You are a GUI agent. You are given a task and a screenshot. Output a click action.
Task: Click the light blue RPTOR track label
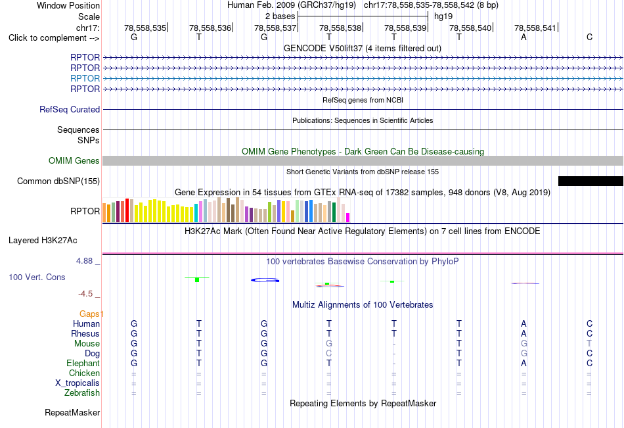tap(85, 78)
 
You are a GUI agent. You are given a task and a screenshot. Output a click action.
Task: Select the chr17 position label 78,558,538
tap(340, 28)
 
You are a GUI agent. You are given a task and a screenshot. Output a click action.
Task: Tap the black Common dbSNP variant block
tap(591, 181)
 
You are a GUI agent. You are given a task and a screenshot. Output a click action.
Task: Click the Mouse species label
tap(87, 343)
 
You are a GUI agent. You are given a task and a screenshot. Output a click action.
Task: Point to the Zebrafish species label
tap(82, 393)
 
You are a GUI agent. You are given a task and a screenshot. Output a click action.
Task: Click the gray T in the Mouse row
tap(589, 343)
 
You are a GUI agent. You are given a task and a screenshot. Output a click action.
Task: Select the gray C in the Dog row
tap(328, 354)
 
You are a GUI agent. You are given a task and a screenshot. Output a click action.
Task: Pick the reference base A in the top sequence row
tap(524, 37)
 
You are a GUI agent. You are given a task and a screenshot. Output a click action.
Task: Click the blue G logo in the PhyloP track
tap(265, 280)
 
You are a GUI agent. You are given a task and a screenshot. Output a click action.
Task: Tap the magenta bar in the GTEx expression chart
tap(348, 218)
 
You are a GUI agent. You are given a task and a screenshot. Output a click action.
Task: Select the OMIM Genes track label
tap(74, 160)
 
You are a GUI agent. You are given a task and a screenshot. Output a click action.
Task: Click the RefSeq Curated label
tap(70, 110)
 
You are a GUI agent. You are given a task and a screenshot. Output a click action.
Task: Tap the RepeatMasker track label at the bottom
tap(72, 412)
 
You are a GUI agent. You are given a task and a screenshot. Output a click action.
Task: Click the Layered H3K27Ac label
tap(43, 241)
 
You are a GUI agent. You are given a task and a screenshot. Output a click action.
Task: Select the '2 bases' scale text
tap(280, 16)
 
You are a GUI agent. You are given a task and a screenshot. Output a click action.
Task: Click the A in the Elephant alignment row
tap(524, 364)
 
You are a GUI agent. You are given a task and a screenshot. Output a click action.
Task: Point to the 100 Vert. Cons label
tap(37, 277)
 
